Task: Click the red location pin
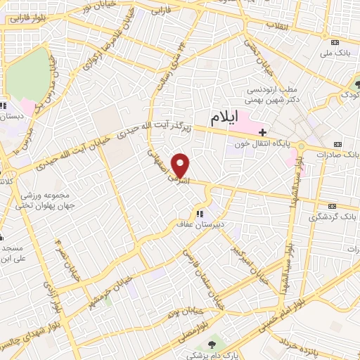click(181, 165)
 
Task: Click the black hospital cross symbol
click(262, 131)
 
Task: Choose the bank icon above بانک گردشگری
click(333, 207)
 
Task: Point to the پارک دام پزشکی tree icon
click(212, 344)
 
